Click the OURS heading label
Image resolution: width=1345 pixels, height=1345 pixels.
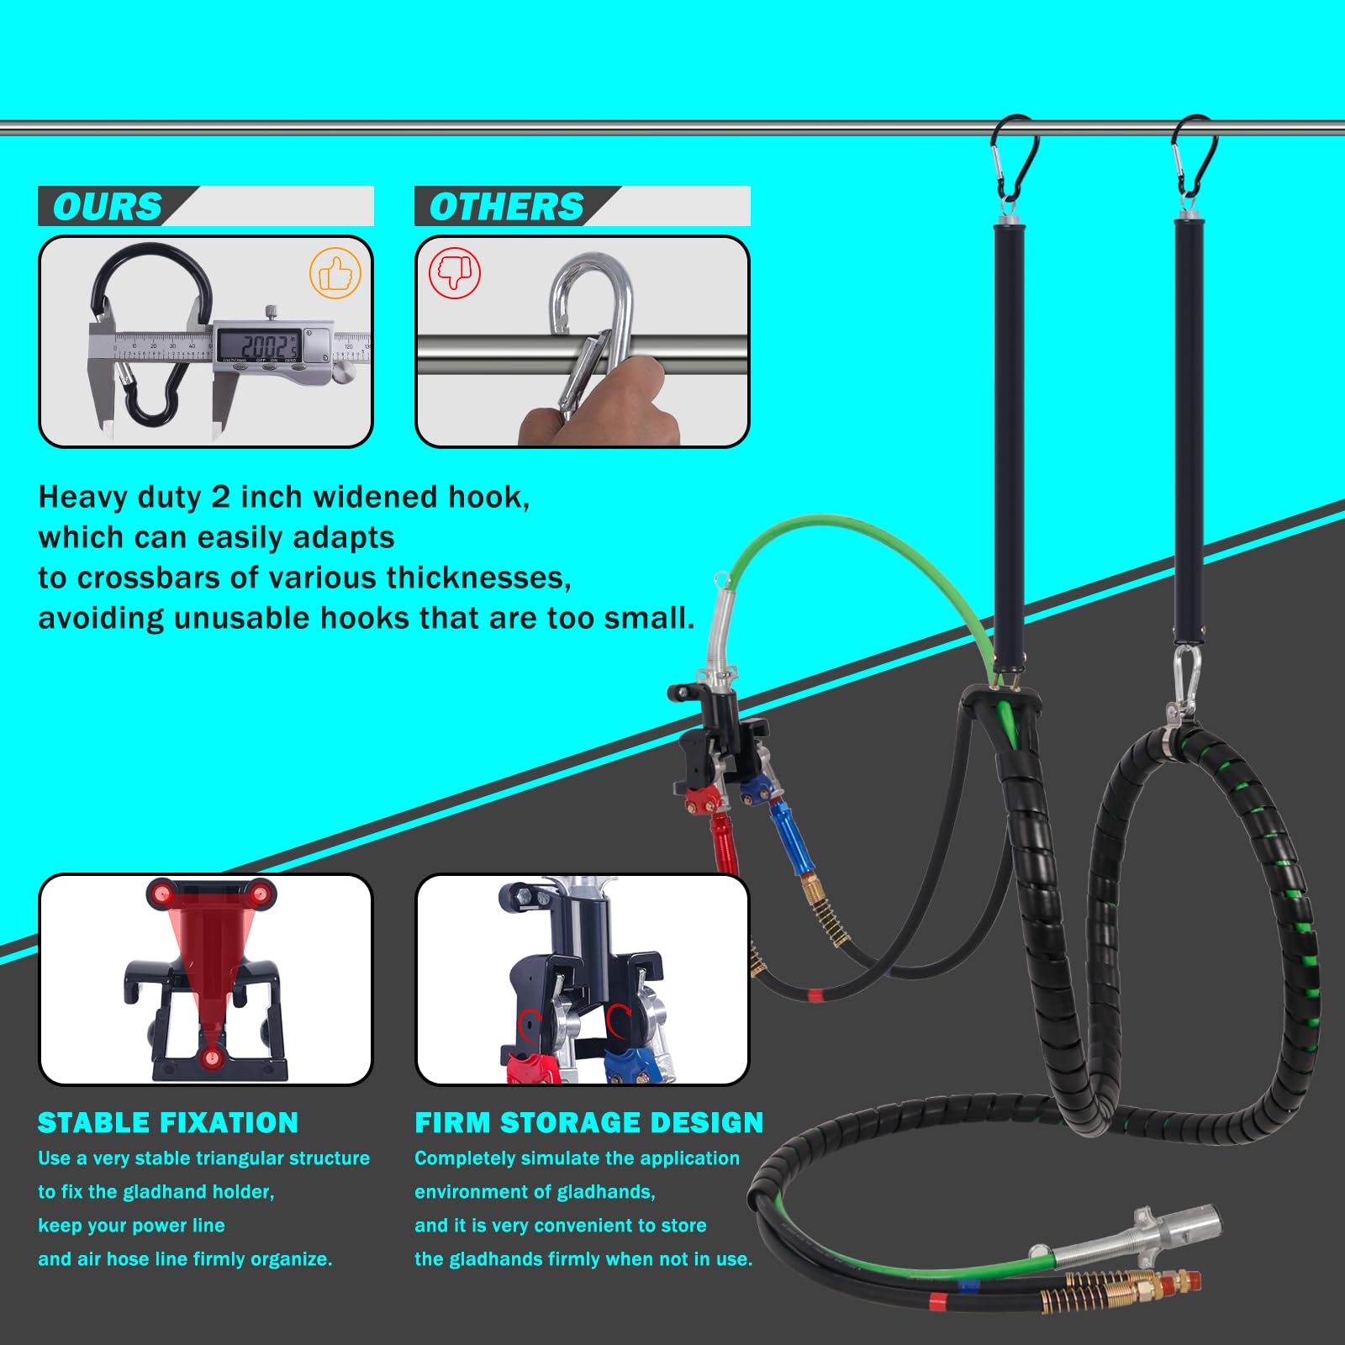107,207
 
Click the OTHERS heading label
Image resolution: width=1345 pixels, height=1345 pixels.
506,207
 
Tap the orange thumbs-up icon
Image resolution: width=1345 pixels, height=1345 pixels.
335,273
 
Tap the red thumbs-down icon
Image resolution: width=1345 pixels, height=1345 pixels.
455,272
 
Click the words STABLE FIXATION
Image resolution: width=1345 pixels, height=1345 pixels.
168,1123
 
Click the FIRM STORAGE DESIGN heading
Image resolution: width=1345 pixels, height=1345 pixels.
588,1123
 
